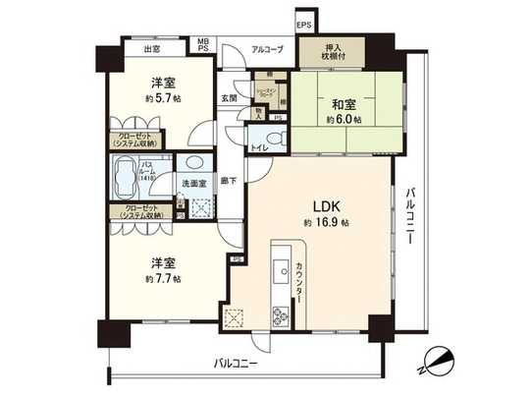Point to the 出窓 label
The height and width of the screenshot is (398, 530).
coord(152,49)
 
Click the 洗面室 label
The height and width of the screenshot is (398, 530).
coord(192,184)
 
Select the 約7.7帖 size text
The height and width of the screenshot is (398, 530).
coord(163,279)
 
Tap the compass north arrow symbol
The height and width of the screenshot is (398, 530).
coord(434,362)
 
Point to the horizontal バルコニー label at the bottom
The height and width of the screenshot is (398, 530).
coord(238,363)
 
